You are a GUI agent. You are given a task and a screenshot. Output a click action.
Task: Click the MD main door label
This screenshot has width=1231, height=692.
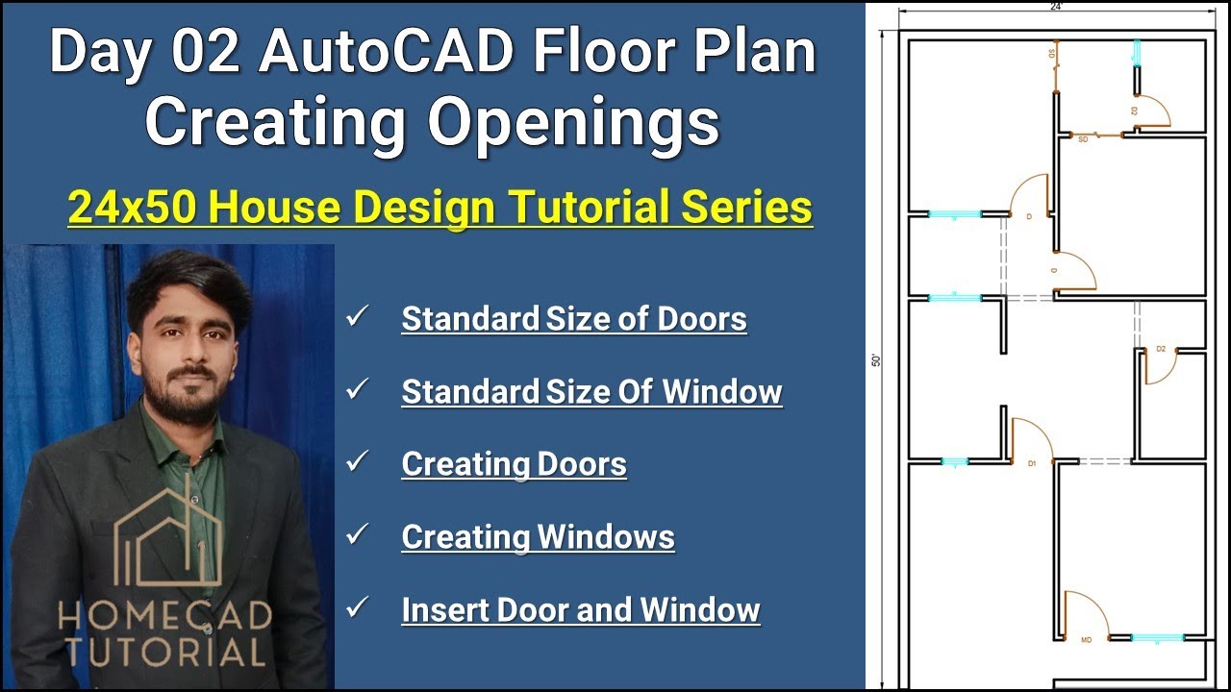[x=1087, y=640]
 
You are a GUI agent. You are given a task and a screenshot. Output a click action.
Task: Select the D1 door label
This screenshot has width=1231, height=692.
[x=1032, y=463]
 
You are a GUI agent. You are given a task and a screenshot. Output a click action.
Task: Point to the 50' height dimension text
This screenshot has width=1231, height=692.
[x=875, y=360]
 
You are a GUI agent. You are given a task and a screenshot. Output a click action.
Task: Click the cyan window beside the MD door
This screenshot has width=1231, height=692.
[x=1157, y=637]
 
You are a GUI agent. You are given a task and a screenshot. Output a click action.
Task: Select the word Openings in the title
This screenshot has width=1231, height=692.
[x=573, y=122]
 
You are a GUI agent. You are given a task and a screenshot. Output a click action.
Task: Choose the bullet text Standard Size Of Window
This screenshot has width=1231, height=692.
[x=591, y=392]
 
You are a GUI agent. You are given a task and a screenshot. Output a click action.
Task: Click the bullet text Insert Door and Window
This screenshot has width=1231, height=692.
[x=581, y=610]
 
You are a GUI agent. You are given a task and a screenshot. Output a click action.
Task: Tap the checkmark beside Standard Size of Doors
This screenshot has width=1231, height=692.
[x=358, y=316]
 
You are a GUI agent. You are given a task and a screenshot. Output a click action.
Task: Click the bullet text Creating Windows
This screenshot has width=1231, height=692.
[x=538, y=537]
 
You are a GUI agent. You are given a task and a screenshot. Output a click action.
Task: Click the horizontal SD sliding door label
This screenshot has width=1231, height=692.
[x=1083, y=140]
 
